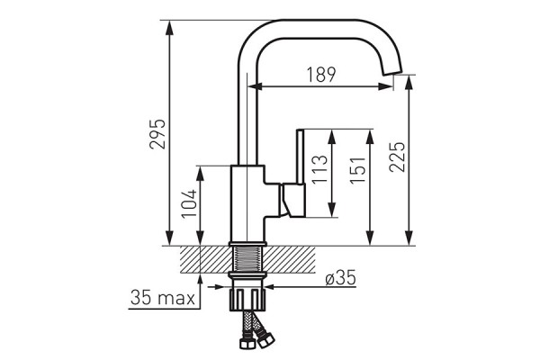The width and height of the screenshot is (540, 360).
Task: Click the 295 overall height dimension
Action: pos(157,134)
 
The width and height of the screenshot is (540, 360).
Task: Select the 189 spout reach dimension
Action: pos(321,75)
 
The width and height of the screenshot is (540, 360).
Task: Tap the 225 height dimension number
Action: pos(397,157)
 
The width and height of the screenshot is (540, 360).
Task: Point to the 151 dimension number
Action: pos(357,170)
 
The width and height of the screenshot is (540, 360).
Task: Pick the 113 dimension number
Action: pos(319,169)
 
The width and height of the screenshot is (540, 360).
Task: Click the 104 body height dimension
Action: pos(189,203)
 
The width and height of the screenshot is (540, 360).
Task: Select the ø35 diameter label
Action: pos(340,278)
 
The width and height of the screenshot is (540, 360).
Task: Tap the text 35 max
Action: pos(163,298)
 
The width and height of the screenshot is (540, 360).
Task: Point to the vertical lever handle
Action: pos(301,156)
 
